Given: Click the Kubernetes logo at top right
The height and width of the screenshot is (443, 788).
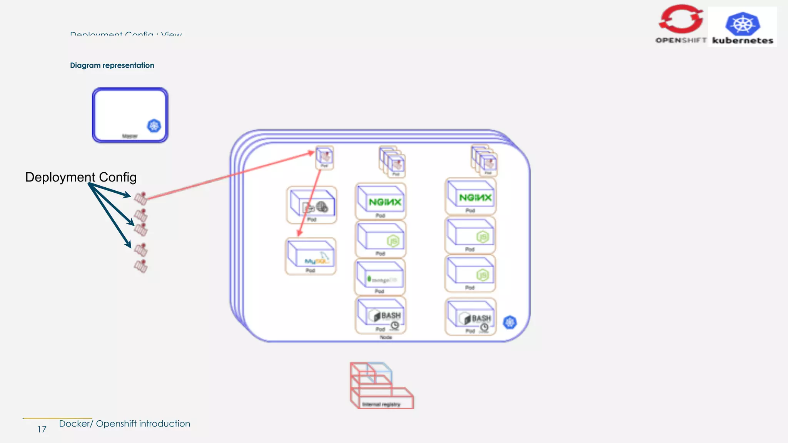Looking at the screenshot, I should (x=742, y=27).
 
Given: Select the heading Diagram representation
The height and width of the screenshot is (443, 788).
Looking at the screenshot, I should (x=112, y=65).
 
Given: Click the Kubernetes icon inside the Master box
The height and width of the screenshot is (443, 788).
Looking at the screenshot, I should (x=154, y=126).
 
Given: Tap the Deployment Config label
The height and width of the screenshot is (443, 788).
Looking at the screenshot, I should (x=81, y=177).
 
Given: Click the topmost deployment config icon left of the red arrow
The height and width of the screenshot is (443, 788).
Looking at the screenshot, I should (x=141, y=198).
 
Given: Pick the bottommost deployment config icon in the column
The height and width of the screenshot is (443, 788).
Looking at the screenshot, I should (x=141, y=266).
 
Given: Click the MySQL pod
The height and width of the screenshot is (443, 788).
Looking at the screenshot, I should (x=311, y=256).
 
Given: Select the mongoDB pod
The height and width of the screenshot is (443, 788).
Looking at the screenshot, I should (x=380, y=276).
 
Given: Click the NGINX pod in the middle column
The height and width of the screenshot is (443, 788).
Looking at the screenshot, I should (x=381, y=201).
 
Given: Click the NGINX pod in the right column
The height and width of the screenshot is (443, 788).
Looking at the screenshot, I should (x=471, y=197).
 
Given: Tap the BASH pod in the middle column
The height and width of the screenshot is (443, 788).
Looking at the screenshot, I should (x=381, y=315).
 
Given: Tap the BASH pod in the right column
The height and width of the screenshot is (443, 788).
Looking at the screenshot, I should (x=471, y=317).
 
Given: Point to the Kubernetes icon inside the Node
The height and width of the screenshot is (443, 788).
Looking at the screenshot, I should (x=510, y=322).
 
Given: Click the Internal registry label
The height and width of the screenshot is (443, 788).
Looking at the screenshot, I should (x=381, y=404).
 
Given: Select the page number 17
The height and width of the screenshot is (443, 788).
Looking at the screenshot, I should (x=42, y=430).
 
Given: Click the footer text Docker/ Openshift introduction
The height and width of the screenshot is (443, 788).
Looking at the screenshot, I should (x=125, y=424).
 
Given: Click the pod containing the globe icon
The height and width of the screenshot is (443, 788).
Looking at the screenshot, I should (x=312, y=205).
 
